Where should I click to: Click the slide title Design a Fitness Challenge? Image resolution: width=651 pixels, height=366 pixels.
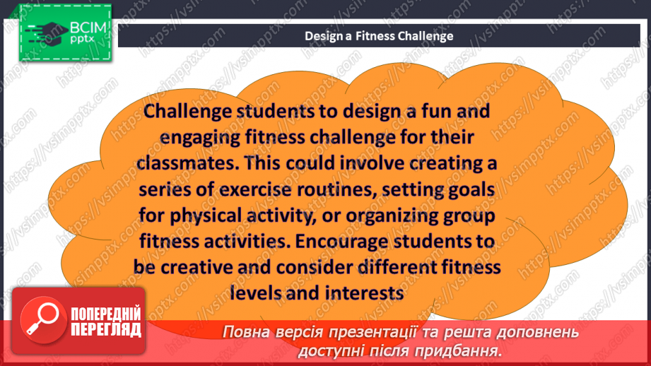(379, 35)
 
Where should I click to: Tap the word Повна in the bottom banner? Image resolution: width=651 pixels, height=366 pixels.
(245, 332)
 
